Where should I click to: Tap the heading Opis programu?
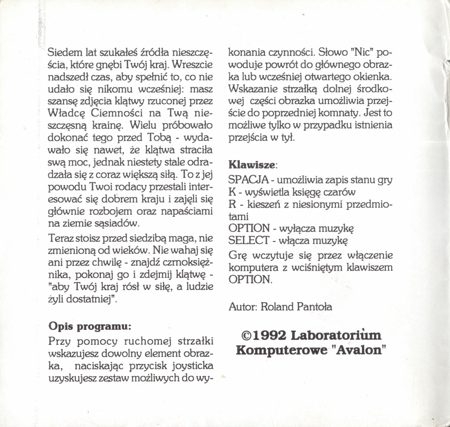click(90, 327)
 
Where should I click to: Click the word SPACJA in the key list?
click(248, 180)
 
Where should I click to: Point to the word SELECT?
click(248, 240)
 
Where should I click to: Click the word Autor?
click(243, 307)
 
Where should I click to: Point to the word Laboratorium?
click(336, 335)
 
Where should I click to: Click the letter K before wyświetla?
click(232, 192)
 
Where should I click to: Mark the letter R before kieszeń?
click(232, 204)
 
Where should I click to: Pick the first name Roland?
click(277, 307)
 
